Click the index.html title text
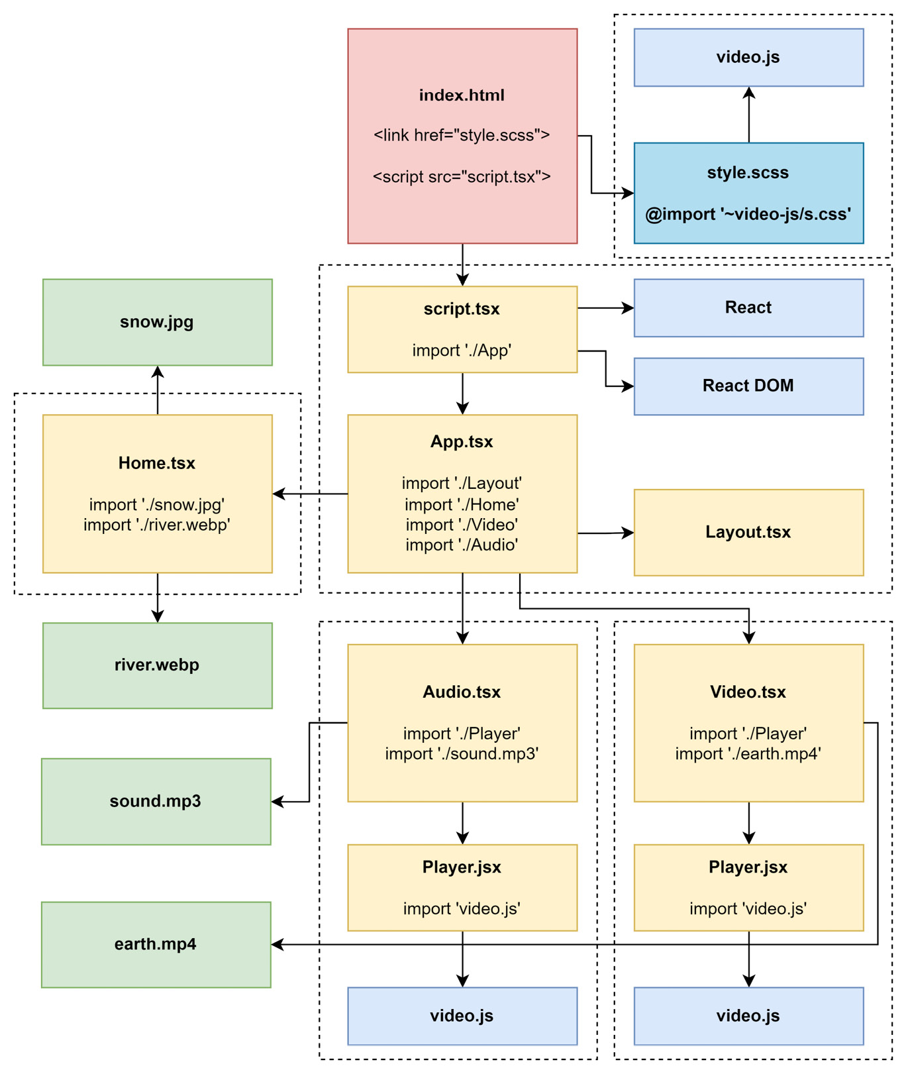point(462,95)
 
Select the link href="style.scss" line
point(462,135)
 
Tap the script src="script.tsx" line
point(462,177)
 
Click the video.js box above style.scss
point(748,58)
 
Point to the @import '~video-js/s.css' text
point(748,215)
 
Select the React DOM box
point(748,386)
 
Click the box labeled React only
point(748,308)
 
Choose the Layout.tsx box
point(748,533)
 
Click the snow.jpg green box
point(157,323)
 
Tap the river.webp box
point(157,665)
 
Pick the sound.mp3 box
point(156,802)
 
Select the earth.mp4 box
point(156,945)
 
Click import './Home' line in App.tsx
point(462,505)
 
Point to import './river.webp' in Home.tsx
point(157,525)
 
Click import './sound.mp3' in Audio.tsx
point(462,754)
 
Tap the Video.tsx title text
point(748,692)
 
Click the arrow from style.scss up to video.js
point(749,116)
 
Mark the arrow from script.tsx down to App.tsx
point(462,394)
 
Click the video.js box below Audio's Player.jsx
point(462,1016)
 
